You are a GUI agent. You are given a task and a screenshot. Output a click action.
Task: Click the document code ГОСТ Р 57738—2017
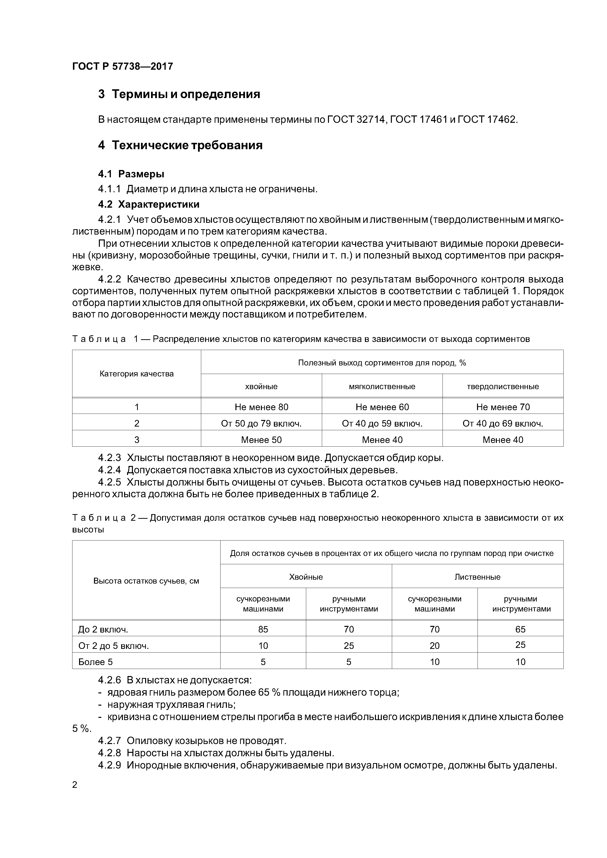(x=123, y=67)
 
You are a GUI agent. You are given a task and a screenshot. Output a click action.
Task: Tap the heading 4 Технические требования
(x=180, y=145)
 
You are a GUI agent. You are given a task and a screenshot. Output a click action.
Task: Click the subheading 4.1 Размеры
(x=131, y=174)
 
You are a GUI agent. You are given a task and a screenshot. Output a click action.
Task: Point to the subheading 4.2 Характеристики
(x=149, y=204)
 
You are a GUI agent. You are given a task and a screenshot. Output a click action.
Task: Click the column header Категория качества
(x=137, y=374)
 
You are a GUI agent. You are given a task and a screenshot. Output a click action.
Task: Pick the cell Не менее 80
(x=261, y=407)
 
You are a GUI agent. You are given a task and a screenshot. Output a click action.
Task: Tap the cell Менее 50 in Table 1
(x=261, y=440)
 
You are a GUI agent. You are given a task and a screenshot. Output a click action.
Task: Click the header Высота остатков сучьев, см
(x=146, y=581)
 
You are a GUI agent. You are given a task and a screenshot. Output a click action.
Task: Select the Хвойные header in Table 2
(x=306, y=577)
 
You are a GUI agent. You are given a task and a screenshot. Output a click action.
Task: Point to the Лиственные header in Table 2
(x=477, y=577)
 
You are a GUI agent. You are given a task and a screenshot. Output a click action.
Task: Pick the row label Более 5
(x=95, y=662)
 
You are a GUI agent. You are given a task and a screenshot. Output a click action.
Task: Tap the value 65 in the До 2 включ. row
(x=520, y=629)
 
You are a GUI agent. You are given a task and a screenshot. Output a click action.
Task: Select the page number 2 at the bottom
(x=75, y=785)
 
